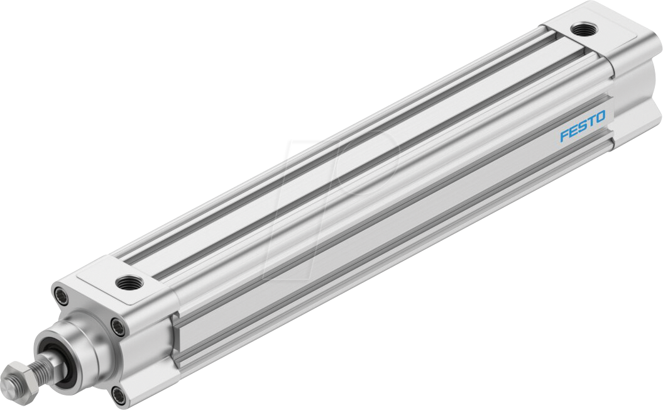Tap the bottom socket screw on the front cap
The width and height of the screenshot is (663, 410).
[118, 394]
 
